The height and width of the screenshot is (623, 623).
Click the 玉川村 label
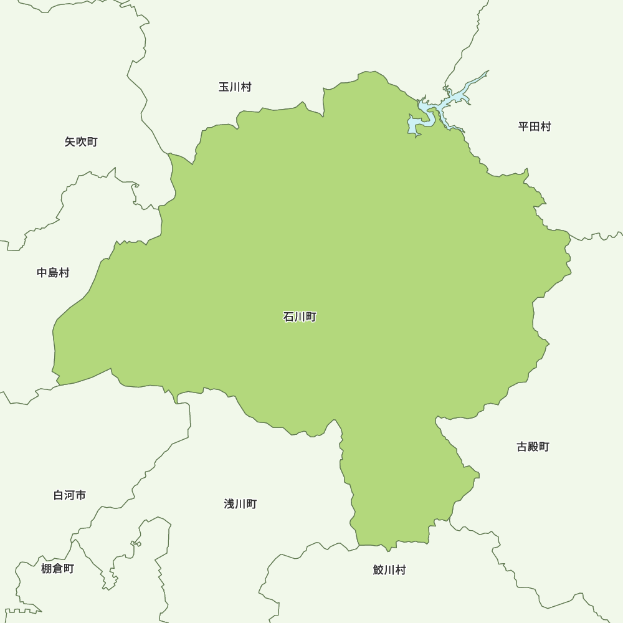[x=235, y=87]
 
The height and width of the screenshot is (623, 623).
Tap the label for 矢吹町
[x=81, y=142]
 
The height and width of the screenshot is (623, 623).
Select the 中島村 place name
[x=53, y=273]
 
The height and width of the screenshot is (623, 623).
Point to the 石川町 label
[x=300, y=317]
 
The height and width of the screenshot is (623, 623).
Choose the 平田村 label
[x=535, y=127]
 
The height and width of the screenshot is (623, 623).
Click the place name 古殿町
[x=533, y=447]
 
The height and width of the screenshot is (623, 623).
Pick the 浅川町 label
[x=240, y=504]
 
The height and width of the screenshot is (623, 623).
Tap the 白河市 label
[x=70, y=495]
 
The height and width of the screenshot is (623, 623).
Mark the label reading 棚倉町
[x=57, y=568]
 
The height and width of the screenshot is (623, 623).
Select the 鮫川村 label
[x=389, y=570]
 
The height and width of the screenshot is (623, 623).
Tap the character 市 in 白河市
[x=81, y=495]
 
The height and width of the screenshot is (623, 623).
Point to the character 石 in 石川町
[x=288, y=317]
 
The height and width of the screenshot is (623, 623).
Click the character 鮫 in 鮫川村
[x=378, y=570]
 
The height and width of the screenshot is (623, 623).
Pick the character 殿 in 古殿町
[x=533, y=447]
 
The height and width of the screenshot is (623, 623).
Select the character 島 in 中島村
[x=53, y=273]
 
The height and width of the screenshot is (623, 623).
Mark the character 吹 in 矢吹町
[x=81, y=142]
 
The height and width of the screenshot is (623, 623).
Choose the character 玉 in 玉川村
[x=224, y=87]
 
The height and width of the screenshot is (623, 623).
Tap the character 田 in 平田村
[x=535, y=127]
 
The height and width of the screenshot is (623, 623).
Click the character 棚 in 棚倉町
[x=46, y=568]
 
